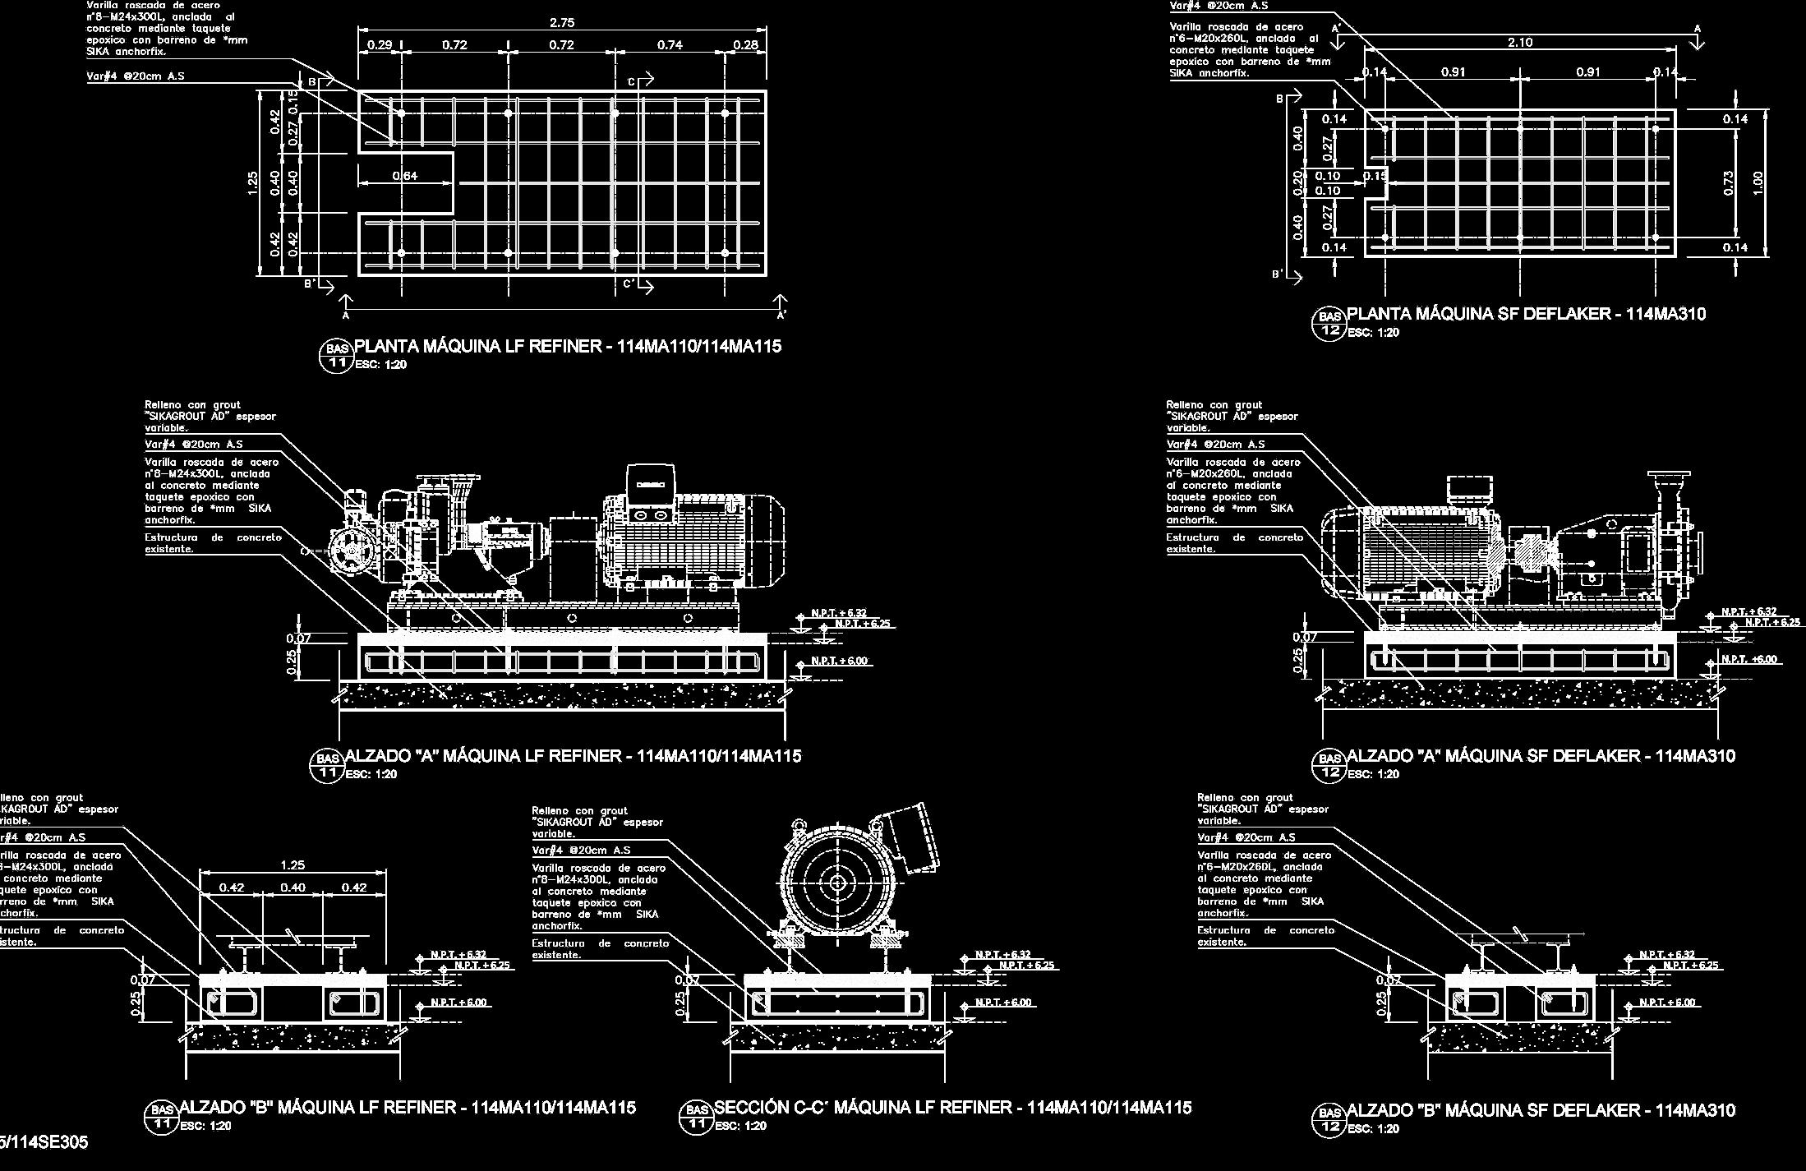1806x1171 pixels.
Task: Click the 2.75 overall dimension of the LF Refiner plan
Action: [x=561, y=23]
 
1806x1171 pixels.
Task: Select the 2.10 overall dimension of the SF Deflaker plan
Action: [x=1519, y=43]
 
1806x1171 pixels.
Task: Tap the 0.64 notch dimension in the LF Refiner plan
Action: [x=404, y=176]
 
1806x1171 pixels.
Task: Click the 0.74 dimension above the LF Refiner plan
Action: [x=670, y=45]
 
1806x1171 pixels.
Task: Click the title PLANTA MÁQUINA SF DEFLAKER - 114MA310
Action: [x=1526, y=314]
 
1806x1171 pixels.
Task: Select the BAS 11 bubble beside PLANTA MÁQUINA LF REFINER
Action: [x=336, y=356]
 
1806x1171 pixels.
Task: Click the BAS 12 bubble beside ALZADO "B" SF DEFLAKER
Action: [x=1329, y=1119]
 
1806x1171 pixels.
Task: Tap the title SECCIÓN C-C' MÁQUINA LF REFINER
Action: [x=952, y=1108]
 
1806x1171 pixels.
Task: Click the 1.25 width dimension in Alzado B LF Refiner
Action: [x=293, y=864]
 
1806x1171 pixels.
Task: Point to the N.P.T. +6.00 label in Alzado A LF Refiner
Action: [x=839, y=661]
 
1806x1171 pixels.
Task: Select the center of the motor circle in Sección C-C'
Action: [x=837, y=883]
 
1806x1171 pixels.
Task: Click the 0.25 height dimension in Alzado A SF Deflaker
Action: [x=1298, y=659]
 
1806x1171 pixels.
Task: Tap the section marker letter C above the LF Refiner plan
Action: [x=632, y=81]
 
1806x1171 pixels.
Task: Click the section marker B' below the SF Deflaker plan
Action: [x=1278, y=274]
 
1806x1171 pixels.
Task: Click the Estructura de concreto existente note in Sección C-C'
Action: [x=600, y=949]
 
